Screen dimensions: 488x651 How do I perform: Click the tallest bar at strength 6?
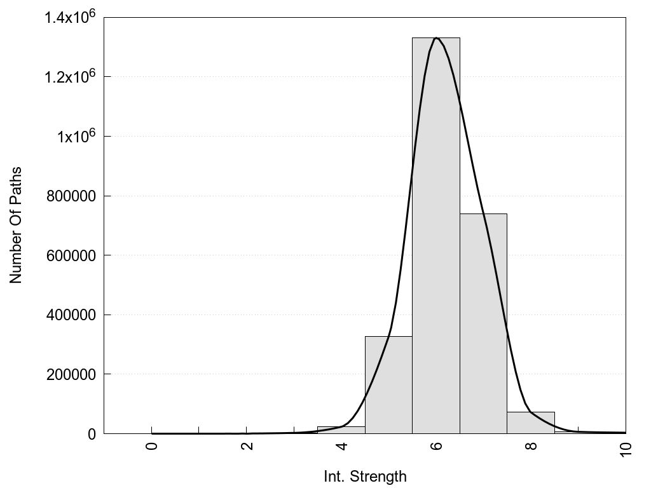click(x=435, y=235)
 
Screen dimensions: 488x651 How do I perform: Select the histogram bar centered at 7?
click(x=483, y=324)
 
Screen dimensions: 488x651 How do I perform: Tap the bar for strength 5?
click(x=388, y=384)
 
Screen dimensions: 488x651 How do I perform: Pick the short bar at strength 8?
click(x=531, y=423)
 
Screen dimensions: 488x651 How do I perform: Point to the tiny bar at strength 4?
click(x=341, y=430)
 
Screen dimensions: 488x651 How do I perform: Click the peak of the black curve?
click(x=436, y=38)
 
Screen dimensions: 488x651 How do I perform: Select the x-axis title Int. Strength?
click(x=365, y=476)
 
